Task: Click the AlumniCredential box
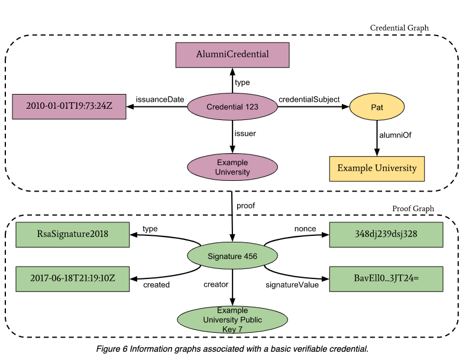pos(232,54)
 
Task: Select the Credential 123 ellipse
pos(232,107)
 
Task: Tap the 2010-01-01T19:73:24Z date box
pos(69,106)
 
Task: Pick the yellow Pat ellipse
pos(377,108)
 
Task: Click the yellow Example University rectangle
pos(377,168)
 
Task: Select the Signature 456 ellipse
pos(232,256)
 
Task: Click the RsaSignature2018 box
pos(72,233)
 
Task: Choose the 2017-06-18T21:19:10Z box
pos(72,278)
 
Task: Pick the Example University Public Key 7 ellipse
pos(232,320)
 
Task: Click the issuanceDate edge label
pos(160,99)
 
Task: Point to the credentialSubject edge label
pos(309,99)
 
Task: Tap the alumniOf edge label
pos(394,135)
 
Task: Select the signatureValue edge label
pos(291,285)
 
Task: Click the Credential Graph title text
pos(399,28)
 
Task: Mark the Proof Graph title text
pos(413,209)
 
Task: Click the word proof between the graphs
pos(246,205)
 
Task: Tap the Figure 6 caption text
pos(232,349)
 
